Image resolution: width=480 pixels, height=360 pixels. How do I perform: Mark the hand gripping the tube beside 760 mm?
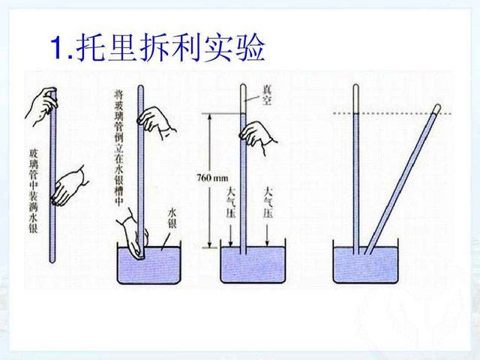[x=257, y=134]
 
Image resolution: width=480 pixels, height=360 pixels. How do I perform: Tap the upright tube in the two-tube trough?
[x=355, y=172]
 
